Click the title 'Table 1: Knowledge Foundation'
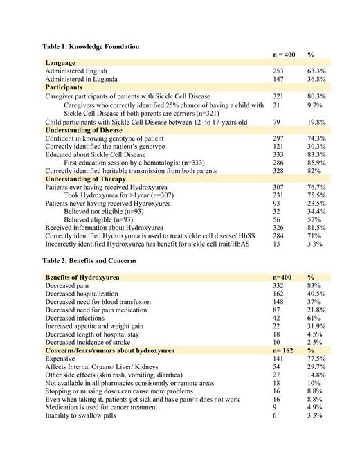(x=91, y=46)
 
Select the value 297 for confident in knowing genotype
(x=280, y=138)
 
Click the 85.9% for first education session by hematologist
(x=317, y=163)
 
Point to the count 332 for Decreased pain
(x=280, y=285)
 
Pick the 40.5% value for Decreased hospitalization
(x=317, y=294)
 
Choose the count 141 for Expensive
(x=280, y=359)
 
